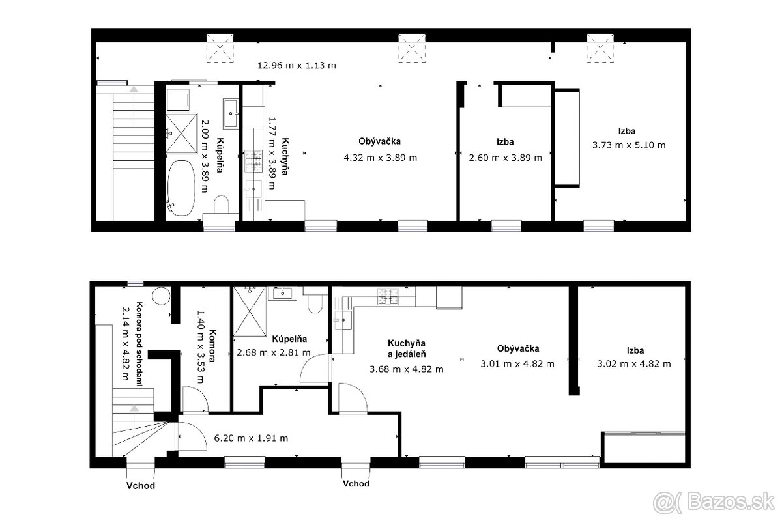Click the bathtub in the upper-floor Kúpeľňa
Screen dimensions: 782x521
click(x=181, y=188)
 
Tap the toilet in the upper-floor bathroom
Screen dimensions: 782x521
click(x=221, y=204)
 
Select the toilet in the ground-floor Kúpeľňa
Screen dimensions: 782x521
click(x=315, y=300)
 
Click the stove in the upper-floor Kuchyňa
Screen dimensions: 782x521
click(x=253, y=161)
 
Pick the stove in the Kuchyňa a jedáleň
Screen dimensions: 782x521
click(x=388, y=296)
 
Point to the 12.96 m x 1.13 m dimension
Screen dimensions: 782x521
click(x=297, y=65)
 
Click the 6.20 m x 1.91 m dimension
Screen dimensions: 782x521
click(x=251, y=438)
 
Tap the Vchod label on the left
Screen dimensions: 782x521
click(x=141, y=485)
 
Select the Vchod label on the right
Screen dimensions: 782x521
click(x=356, y=483)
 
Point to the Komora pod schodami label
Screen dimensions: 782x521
click(x=139, y=345)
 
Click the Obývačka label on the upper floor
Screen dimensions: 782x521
click(x=380, y=141)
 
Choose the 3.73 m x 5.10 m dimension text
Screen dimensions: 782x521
click(x=629, y=145)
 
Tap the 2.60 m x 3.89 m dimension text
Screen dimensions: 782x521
click(x=506, y=158)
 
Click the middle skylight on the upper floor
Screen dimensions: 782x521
click(x=412, y=48)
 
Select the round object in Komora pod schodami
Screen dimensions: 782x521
click(x=162, y=296)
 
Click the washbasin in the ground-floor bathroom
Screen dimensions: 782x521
click(x=282, y=294)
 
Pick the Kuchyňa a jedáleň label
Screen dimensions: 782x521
click(x=407, y=348)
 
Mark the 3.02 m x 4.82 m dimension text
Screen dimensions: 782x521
click(x=634, y=364)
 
